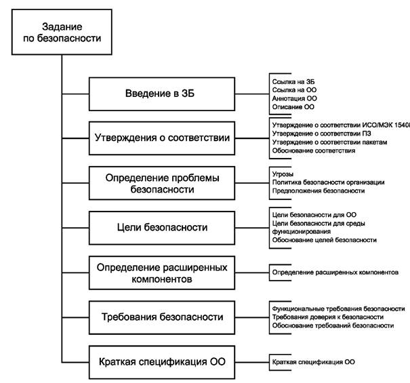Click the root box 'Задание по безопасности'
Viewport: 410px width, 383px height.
coord(61,32)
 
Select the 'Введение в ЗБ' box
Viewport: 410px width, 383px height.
coord(165,94)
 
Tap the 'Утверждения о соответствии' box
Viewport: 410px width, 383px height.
coord(165,138)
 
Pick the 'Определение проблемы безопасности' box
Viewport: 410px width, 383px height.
coord(165,183)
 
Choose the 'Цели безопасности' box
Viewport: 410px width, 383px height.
coord(165,227)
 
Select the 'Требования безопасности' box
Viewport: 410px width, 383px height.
coord(165,317)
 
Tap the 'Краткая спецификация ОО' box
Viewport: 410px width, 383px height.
coord(165,361)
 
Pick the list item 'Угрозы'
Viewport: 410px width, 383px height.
coord(283,174)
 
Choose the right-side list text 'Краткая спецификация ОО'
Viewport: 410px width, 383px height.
coord(313,362)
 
